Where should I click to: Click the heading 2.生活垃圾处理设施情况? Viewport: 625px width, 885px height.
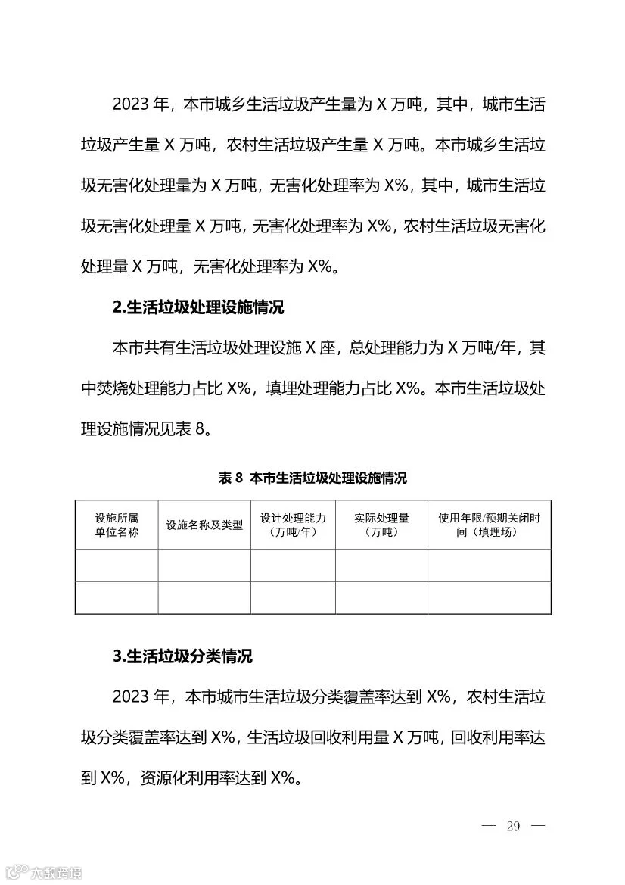coord(197,308)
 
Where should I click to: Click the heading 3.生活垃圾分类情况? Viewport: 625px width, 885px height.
coord(182,656)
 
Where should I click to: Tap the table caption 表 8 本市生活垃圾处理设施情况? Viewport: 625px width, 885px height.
coord(312,478)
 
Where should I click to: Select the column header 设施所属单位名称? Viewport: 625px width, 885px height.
coord(117,525)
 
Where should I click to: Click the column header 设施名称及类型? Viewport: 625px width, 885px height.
coord(204,525)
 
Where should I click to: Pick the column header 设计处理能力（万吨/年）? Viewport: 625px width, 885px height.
coord(293,525)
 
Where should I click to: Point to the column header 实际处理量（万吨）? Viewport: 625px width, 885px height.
coord(381,525)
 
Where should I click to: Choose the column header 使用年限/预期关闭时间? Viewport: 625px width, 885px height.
coord(489,525)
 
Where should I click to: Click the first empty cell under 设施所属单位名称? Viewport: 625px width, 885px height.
coord(117,566)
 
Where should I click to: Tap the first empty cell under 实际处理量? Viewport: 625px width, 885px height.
coord(381,566)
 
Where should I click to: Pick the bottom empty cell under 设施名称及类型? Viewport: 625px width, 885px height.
coord(204,597)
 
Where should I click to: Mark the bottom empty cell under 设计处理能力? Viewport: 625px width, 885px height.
coord(293,597)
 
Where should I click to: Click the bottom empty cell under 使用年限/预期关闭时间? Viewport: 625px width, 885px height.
coord(489,597)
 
